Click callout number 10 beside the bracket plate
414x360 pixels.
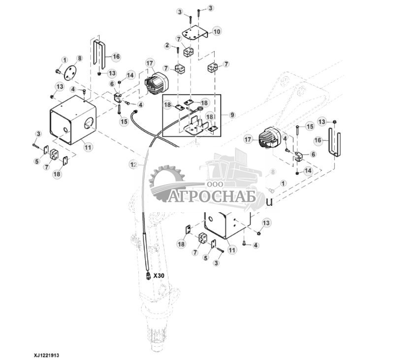[217, 32]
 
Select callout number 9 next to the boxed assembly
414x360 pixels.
[232, 115]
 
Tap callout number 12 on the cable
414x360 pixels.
[133, 165]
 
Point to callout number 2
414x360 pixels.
[167, 45]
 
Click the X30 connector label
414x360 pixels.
[159, 276]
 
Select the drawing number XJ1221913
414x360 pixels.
[46, 355]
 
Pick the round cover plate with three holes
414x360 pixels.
[70, 71]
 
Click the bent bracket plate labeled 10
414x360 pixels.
[195, 33]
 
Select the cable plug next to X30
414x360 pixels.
[149, 276]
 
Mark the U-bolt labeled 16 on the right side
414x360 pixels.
[335, 143]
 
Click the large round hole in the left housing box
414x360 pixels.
[89, 123]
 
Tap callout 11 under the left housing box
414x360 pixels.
[88, 147]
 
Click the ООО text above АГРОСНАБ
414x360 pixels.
[215, 184]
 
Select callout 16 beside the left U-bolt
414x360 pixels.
[116, 57]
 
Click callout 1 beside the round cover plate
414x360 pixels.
[64, 60]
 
